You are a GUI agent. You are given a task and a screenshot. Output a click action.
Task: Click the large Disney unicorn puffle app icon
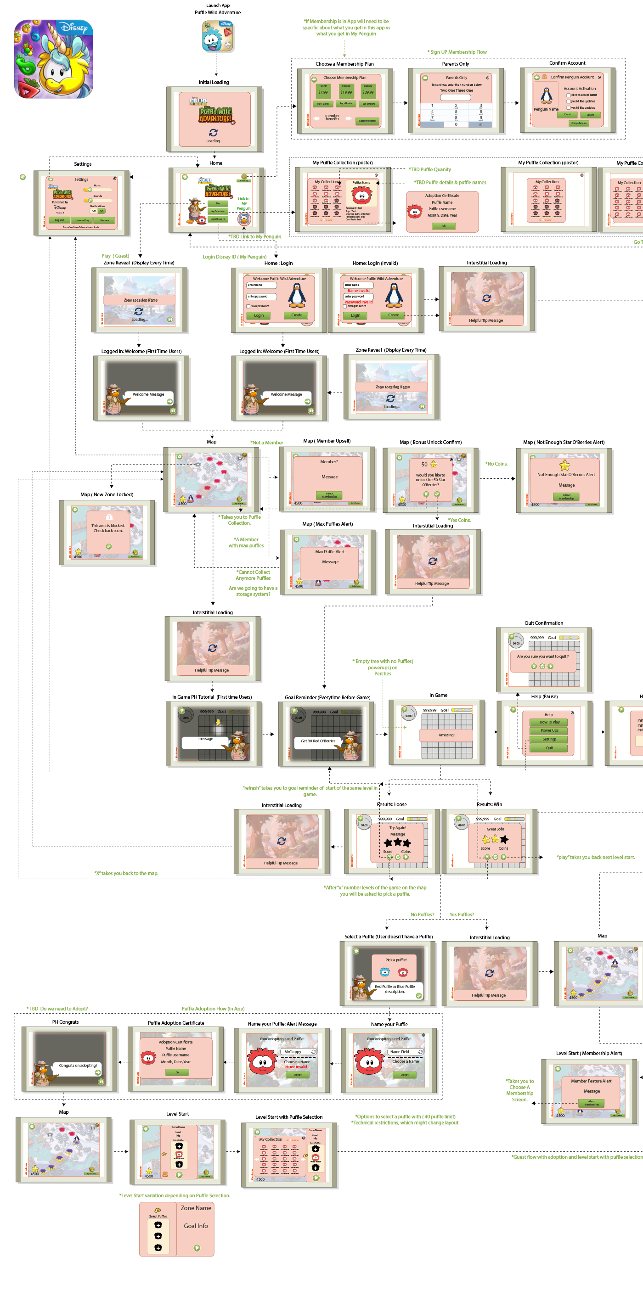click(x=53, y=59)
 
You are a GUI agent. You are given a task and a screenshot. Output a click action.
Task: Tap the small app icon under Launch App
click(x=217, y=36)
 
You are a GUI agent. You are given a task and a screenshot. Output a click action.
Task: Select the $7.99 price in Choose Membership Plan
click(x=322, y=92)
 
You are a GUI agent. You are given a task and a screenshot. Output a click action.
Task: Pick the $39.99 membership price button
click(x=368, y=92)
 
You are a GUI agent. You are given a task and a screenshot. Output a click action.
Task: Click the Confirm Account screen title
click(x=567, y=63)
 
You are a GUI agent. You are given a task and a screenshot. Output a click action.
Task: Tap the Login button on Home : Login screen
click(x=259, y=315)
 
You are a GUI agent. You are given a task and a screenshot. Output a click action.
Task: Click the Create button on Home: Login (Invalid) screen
click(x=394, y=315)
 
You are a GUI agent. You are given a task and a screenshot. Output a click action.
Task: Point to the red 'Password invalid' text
click(x=358, y=302)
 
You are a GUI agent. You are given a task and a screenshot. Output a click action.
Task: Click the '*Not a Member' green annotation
click(x=267, y=443)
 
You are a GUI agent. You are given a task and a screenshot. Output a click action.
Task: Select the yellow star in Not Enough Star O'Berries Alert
click(x=564, y=466)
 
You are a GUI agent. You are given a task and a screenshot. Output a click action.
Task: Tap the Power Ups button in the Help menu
click(x=549, y=730)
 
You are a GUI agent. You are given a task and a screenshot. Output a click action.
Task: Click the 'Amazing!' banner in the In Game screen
click(x=446, y=735)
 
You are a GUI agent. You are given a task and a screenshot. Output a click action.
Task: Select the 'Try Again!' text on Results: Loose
click(x=397, y=828)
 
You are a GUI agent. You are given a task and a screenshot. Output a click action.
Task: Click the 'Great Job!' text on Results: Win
click(x=495, y=829)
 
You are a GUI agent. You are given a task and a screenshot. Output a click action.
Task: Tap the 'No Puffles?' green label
click(x=422, y=914)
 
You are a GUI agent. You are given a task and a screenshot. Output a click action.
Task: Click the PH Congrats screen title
click(x=65, y=1022)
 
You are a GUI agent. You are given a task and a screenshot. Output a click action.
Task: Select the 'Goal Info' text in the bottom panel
click(x=196, y=1226)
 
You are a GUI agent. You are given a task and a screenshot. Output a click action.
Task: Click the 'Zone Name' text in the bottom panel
click(x=196, y=1208)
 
